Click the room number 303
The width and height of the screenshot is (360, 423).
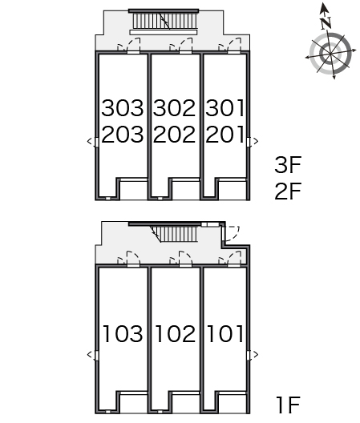[123, 108]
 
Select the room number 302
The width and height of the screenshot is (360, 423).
[174, 108]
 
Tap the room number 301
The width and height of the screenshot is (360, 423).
[224, 108]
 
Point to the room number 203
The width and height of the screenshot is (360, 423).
[123, 134]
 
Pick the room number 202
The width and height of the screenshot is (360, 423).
[174, 134]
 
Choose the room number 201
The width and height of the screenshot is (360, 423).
[224, 134]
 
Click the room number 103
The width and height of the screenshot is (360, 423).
[123, 334]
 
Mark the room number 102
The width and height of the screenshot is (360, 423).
[176, 334]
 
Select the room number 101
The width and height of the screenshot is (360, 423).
[225, 334]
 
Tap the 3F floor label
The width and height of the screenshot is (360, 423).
[288, 164]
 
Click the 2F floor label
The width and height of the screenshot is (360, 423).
[288, 191]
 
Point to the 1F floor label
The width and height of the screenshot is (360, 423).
[288, 405]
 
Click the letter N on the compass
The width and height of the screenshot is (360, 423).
[326, 23]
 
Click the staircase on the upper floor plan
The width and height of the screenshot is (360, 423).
[164, 21]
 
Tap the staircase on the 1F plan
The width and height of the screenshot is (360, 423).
[176, 234]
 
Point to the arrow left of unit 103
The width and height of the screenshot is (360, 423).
[90, 354]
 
